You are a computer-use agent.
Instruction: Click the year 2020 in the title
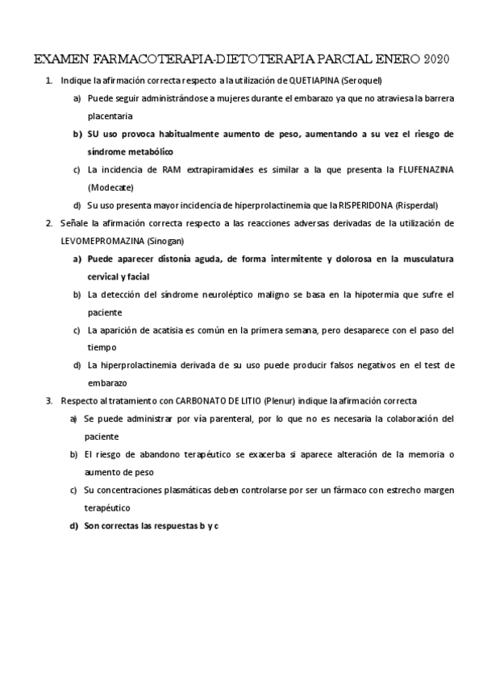(x=434, y=60)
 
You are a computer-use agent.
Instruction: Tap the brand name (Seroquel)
(x=361, y=81)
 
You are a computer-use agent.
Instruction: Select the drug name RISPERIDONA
(x=368, y=205)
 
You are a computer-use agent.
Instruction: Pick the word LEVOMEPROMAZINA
(x=103, y=241)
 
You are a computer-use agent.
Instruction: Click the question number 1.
(x=49, y=81)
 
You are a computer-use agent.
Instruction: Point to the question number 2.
(x=49, y=223)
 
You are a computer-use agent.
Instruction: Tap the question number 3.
(x=49, y=400)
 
